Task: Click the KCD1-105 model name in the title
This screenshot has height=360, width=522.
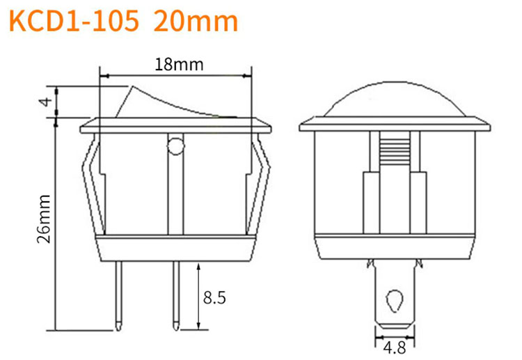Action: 74,21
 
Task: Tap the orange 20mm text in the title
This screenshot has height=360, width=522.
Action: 196,21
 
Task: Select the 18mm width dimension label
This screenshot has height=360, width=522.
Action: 179,65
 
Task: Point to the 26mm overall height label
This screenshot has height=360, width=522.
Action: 44,219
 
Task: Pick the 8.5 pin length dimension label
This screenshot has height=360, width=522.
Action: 214,297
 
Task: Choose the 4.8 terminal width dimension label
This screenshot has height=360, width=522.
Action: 395,348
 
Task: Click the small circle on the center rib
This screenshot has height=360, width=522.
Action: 176,146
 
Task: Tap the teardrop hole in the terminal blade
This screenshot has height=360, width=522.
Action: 395,301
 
